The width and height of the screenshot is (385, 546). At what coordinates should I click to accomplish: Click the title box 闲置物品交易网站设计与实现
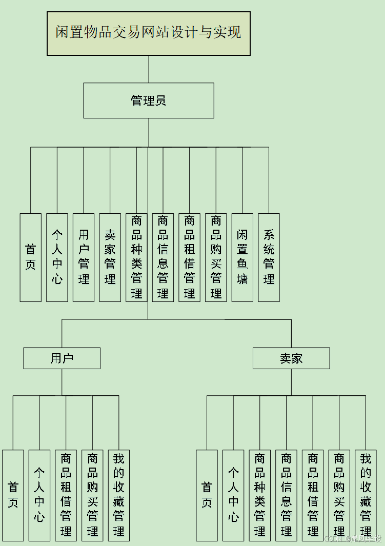point(149,33)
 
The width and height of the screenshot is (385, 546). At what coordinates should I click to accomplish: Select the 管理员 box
point(149,100)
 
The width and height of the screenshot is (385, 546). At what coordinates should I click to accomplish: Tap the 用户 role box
point(62,358)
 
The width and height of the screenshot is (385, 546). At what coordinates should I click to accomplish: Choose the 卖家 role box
point(291,358)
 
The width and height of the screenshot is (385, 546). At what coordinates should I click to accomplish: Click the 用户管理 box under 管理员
point(84,257)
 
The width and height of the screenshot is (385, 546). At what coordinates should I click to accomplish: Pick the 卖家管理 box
point(110,257)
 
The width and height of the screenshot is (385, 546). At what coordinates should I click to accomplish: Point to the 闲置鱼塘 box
point(242,257)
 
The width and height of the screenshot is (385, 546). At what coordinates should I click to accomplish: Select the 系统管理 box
point(269,257)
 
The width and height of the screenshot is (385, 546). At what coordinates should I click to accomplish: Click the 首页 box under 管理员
point(31,257)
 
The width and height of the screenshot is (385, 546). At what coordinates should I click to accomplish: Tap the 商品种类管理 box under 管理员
point(136,257)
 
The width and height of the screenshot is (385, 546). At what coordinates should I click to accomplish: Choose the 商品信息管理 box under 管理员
point(163,257)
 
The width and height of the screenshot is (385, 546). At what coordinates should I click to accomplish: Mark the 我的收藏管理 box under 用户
point(119,495)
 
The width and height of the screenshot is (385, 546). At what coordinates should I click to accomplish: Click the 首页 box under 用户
point(13,495)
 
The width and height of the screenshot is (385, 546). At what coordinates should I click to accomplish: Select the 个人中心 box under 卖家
point(233,495)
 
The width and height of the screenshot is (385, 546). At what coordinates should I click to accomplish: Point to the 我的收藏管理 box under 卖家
point(366,495)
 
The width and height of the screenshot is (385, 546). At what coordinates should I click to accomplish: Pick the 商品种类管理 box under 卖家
point(260,495)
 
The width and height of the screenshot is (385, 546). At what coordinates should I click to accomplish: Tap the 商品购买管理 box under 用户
point(92,495)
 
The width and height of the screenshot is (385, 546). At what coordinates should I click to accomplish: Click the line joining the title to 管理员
point(149,69)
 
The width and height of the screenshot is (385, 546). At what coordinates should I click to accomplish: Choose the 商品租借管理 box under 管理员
point(189,257)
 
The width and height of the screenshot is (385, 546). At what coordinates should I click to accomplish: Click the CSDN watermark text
point(353,539)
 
